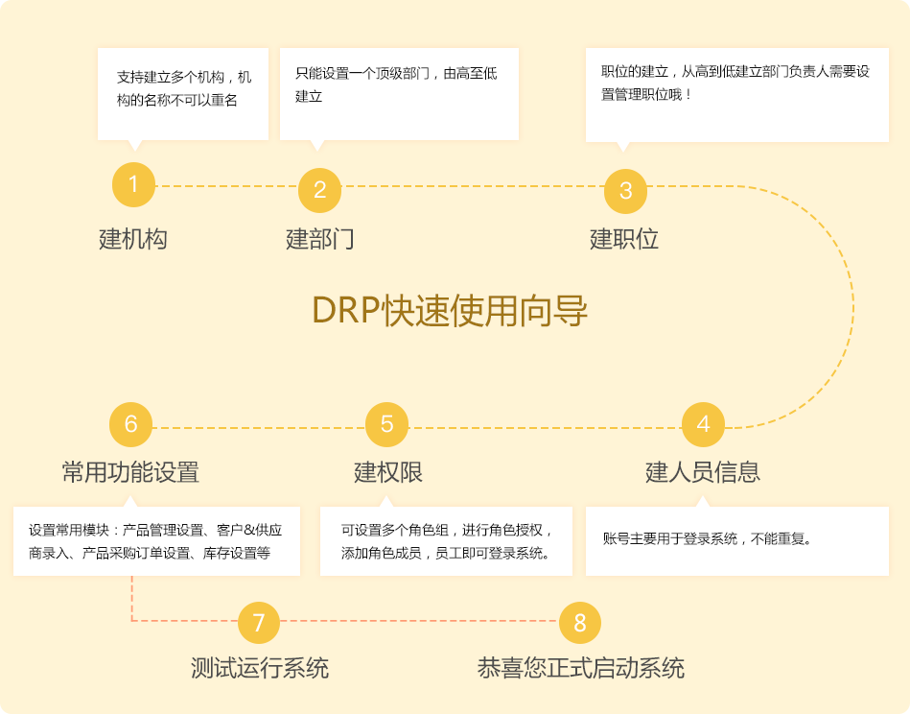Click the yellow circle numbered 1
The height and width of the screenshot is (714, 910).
click(x=133, y=184)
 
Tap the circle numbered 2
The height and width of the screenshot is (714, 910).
click(x=320, y=190)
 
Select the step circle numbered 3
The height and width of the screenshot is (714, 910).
click(x=625, y=191)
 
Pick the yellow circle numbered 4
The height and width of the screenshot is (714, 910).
click(x=703, y=424)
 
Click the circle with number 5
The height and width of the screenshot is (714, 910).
click(x=386, y=424)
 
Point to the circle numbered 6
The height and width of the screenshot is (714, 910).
click(x=131, y=424)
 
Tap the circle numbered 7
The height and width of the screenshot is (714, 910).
click(x=258, y=623)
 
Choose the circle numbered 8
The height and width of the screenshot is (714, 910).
click(x=579, y=623)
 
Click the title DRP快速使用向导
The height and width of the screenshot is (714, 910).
click(x=450, y=310)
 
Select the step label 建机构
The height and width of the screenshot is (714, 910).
click(x=133, y=239)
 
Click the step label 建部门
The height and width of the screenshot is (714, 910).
click(x=320, y=239)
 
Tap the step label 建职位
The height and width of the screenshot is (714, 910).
click(x=624, y=239)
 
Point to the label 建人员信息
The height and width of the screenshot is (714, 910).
click(x=703, y=472)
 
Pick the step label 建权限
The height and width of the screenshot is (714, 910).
click(x=388, y=472)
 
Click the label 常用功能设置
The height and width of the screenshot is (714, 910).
click(x=131, y=472)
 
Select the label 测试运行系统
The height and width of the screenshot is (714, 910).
click(x=260, y=668)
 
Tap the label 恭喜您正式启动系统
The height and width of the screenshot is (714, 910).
click(x=581, y=668)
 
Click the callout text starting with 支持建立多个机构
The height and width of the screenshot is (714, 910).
click(x=183, y=88)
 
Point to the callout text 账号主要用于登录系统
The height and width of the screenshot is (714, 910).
click(x=708, y=538)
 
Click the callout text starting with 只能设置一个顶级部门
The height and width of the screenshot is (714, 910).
click(x=396, y=84)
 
